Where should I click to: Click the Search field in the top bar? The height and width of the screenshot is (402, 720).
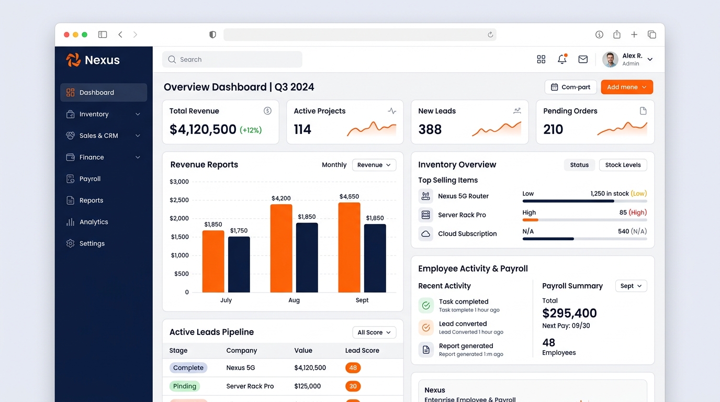232,60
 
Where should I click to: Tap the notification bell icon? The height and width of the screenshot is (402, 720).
562,59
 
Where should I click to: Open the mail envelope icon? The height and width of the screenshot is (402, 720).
583,59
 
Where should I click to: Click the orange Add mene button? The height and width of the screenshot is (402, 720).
627,87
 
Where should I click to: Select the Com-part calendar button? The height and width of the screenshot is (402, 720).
570,87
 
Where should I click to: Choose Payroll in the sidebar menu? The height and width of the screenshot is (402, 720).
89,179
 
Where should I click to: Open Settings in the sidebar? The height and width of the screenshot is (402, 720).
92,243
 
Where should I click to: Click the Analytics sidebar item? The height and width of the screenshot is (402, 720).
94,222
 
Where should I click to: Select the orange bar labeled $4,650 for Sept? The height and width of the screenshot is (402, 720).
349,247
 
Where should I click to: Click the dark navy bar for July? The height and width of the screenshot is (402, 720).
239,264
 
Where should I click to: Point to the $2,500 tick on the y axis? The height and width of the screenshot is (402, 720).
179,200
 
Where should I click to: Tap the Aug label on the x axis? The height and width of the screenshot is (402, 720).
294,300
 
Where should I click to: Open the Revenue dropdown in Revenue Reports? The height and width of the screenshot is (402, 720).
374,165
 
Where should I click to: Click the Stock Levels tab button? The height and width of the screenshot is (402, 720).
623,165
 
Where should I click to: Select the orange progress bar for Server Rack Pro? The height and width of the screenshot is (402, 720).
531,220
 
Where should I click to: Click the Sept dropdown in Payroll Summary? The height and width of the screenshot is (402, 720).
631,286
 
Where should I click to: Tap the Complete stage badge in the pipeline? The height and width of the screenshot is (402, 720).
188,367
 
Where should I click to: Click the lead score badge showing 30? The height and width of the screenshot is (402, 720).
353,386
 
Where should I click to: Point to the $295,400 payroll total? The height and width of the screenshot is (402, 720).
569,313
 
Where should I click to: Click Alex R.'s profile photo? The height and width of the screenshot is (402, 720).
610,60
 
